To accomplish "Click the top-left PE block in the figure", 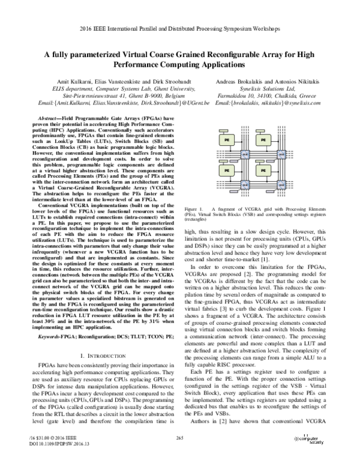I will tap(229, 139).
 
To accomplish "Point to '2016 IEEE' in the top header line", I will tap(97, 26).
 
